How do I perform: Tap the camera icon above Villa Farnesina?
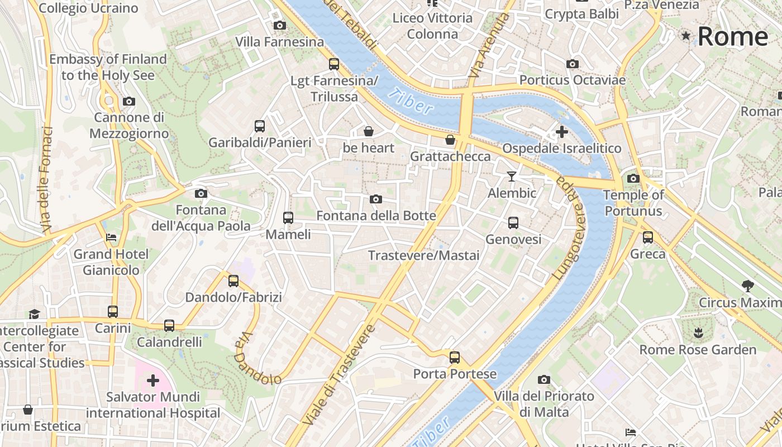click(279, 25)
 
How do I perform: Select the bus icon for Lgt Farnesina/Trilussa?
click(334, 64)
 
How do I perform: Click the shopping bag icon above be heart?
click(369, 131)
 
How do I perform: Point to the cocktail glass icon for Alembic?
click(512, 177)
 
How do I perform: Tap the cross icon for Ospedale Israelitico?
click(562, 132)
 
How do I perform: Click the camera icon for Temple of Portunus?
click(633, 179)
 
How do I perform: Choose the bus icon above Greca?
click(648, 237)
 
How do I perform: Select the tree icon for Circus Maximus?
click(747, 286)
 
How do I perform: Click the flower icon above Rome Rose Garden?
click(698, 334)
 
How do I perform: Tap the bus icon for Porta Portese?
click(455, 358)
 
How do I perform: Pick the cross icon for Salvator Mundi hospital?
click(152, 381)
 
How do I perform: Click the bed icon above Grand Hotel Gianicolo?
click(111, 237)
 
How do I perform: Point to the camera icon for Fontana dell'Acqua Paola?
click(201, 194)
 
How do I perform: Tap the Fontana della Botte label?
click(376, 216)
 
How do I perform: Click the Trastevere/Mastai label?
click(423, 255)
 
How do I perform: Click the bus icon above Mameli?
click(288, 218)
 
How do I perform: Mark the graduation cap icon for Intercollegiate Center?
click(35, 314)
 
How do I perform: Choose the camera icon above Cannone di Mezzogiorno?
click(129, 101)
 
